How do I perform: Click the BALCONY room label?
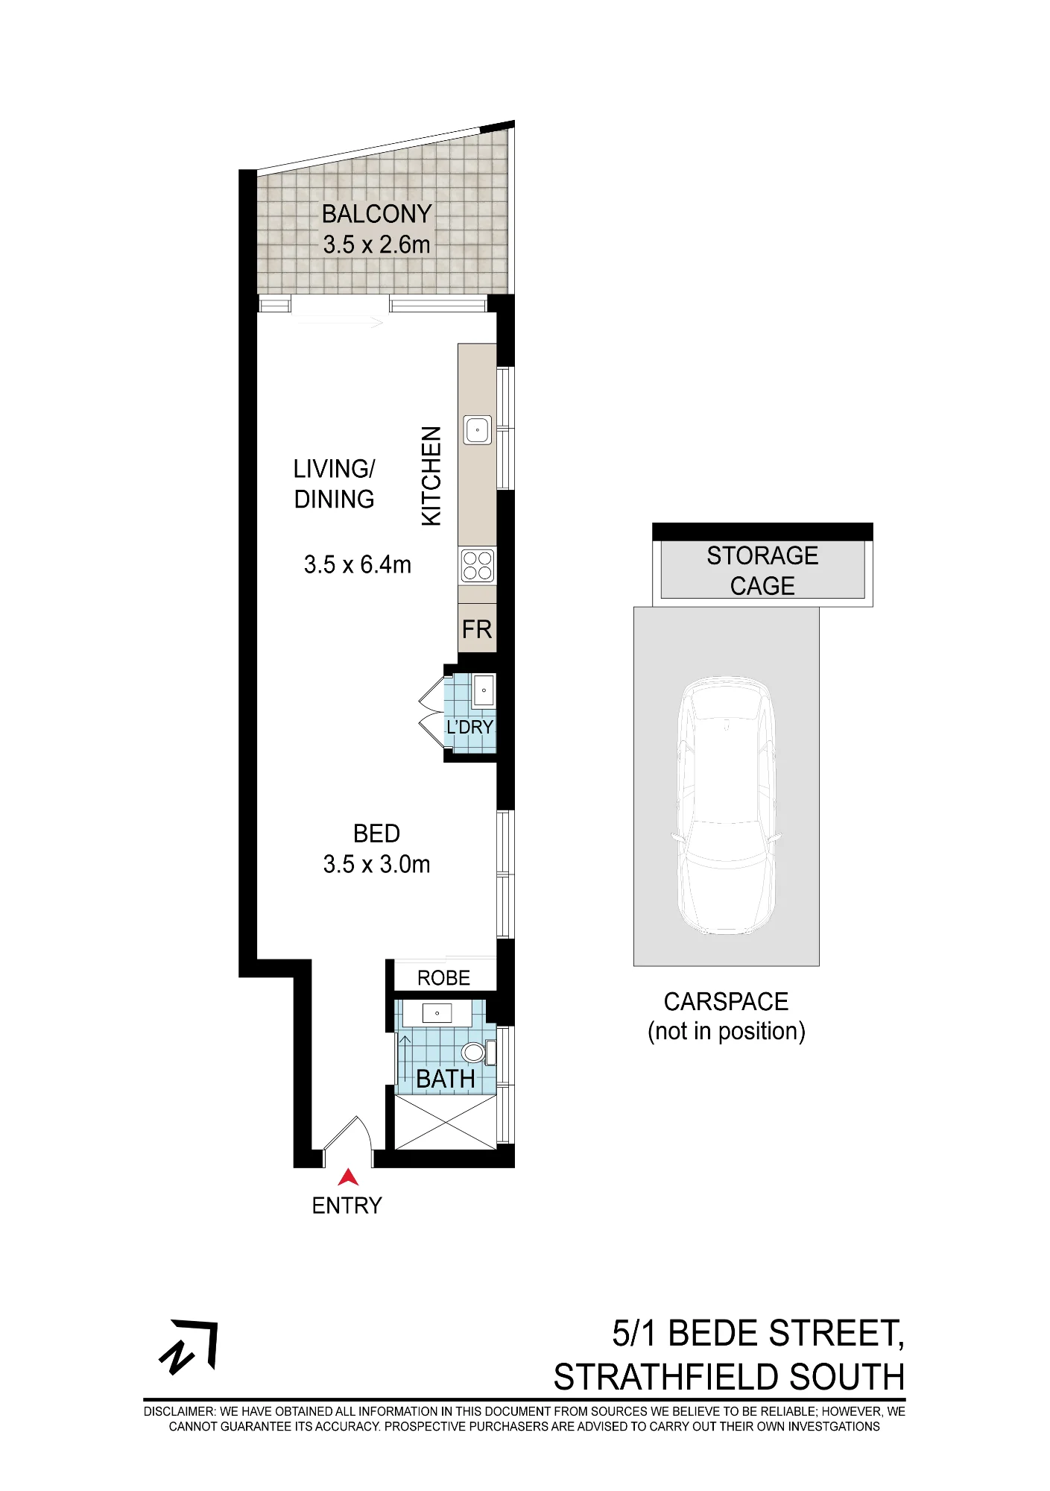pyautogui.click(x=376, y=214)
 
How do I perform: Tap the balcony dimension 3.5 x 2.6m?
pyautogui.click(x=376, y=245)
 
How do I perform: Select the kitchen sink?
pyautogui.click(x=478, y=430)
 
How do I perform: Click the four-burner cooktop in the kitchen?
pyautogui.click(x=478, y=565)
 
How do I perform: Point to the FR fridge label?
pyautogui.click(x=477, y=630)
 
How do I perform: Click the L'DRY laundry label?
pyautogui.click(x=469, y=727)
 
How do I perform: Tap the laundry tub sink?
pyautogui.click(x=484, y=690)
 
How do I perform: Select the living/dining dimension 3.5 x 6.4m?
pyautogui.click(x=358, y=565)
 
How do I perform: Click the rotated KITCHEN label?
pyautogui.click(x=432, y=476)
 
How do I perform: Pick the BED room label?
pyautogui.click(x=376, y=833)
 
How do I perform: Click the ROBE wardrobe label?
pyautogui.click(x=443, y=978)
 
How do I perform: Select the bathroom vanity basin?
pyautogui.click(x=437, y=1013)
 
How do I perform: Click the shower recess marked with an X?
pyautogui.click(x=445, y=1122)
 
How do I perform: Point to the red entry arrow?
pyautogui.click(x=348, y=1177)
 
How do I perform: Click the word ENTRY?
pyautogui.click(x=347, y=1205)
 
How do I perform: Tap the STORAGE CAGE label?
pyautogui.click(x=762, y=571)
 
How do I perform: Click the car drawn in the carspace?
pyautogui.click(x=727, y=806)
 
